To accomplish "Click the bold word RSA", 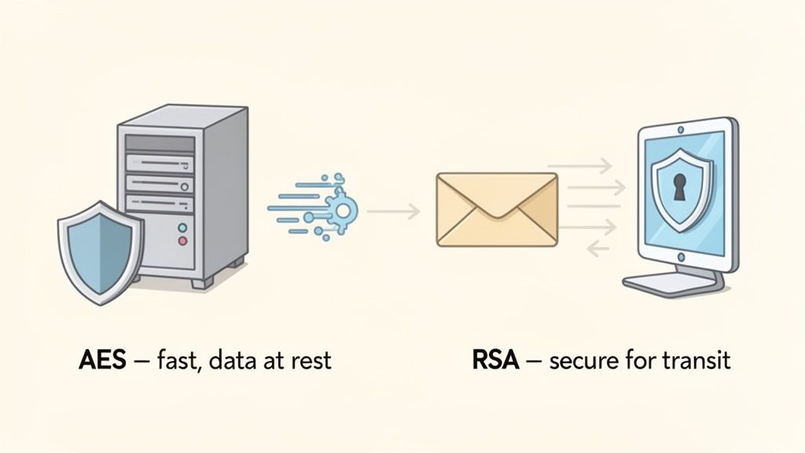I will pos(495,360).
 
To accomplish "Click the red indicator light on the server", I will pos(183,241).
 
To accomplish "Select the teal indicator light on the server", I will pos(183,227).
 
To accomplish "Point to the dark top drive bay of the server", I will pos(160,144).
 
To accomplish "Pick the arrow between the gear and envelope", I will pos(394,210).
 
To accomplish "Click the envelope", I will pos(496,209).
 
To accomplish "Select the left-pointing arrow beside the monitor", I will pos(598,248).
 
